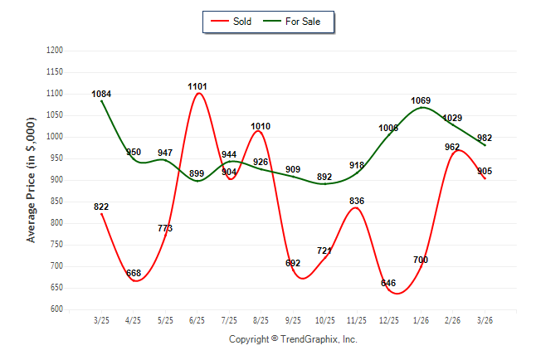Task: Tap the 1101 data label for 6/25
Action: [x=197, y=86]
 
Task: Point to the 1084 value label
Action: [x=101, y=94]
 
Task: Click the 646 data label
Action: [x=388, y=283]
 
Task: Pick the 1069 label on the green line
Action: [x=421, y=100]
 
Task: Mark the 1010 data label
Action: [x=261, y=127]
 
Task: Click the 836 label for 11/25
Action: [x=357, y=201]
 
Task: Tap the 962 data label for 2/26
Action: [x=452, y=147]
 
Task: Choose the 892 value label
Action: [x=324, y=177]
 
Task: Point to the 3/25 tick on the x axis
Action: [x=101, y=320]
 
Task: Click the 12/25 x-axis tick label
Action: [x=388, y=320]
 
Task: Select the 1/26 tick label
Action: [x=421, y=320]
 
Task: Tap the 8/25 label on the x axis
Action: [x=261, y=320]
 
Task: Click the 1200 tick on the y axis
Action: [x=55, y=51]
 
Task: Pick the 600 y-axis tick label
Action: [x=57, y=309]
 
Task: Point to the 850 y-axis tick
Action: [x=57, y=202]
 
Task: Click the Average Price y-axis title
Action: [x=32, y=180]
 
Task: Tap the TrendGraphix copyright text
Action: [x=293, y=339]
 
